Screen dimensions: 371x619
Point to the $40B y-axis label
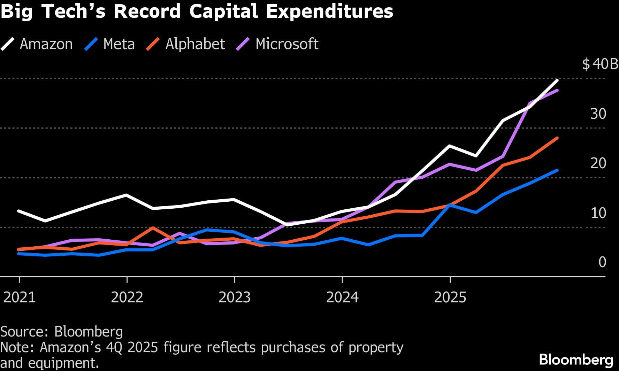tap(600, 64)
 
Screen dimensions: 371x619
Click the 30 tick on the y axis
tap(598, 114)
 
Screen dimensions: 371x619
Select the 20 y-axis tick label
tap(598, 163)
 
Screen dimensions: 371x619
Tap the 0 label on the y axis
tap(602, 262)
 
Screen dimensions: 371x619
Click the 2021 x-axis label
tap(19, 297)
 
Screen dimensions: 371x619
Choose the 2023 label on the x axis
tap(235, 297)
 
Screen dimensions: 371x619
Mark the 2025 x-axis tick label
tap(450, 297)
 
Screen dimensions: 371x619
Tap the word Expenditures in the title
tap(330, 11)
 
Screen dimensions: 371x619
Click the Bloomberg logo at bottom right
tap(576, 360)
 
